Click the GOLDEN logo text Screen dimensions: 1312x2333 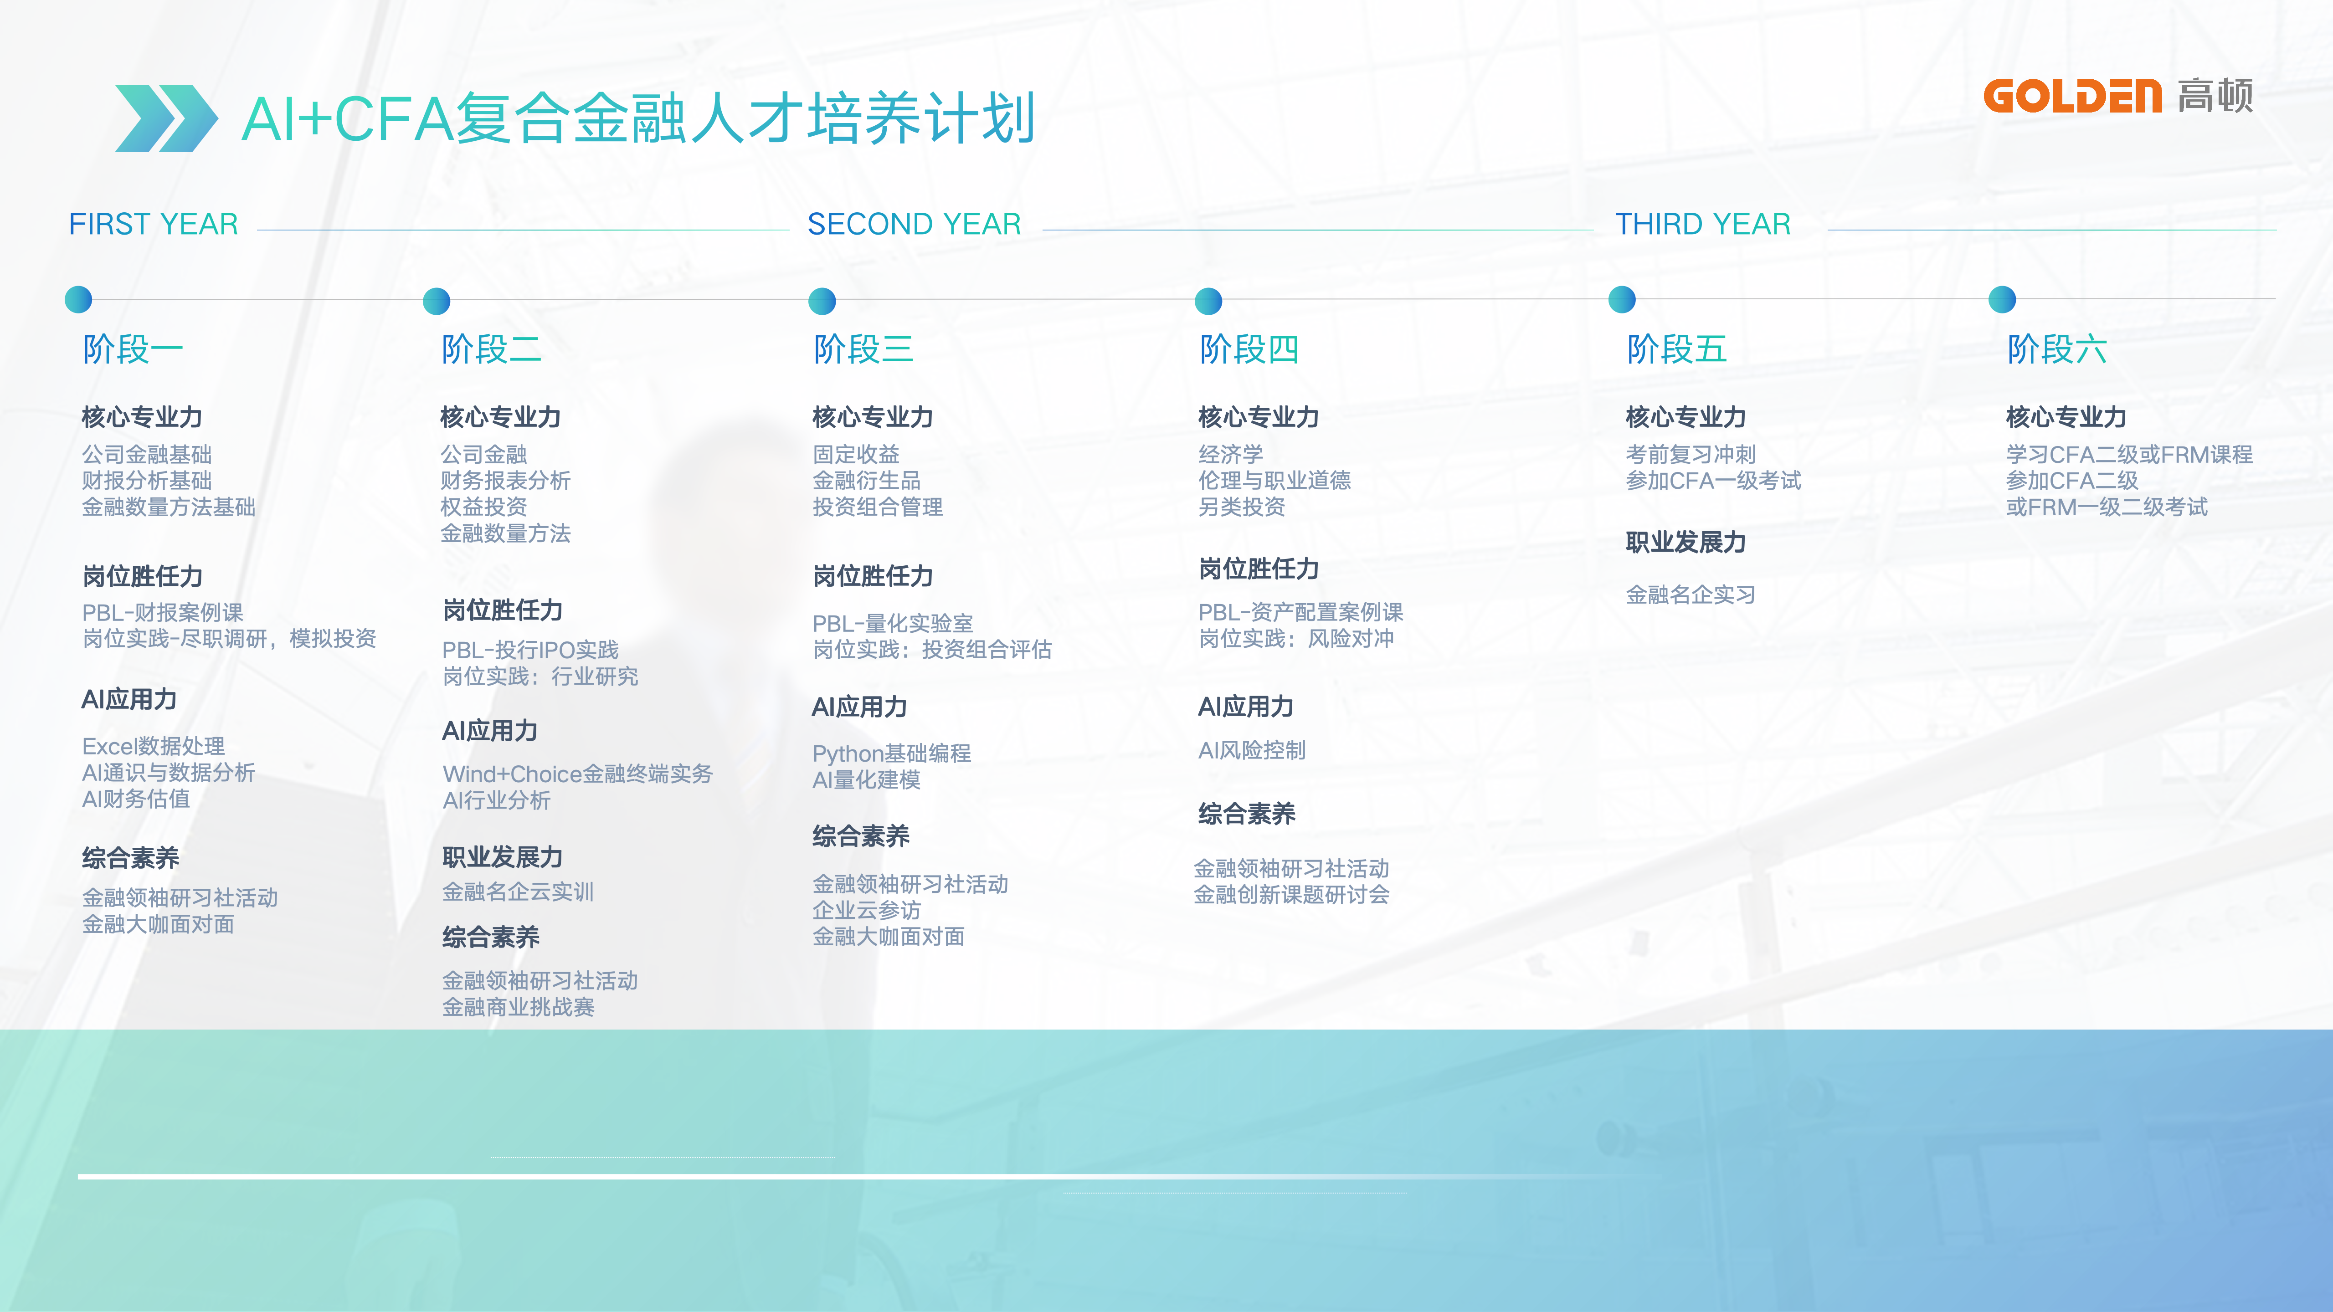tap(2072, 96)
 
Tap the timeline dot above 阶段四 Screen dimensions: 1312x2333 tap(1208, 301)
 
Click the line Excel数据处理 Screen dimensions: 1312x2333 tap(153, 746)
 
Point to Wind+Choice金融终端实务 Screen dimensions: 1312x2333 tap(577, 774)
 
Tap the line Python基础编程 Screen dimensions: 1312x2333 tap(891, 753)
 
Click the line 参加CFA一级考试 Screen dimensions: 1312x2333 tap(1713, 481)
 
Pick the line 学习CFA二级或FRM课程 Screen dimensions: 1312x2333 tap(2128, 455)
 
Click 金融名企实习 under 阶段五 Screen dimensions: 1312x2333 tap(1690, 595)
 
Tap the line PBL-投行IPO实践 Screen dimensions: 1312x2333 tap(530, 650)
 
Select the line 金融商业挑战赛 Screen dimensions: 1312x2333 tap(518, 1007)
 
